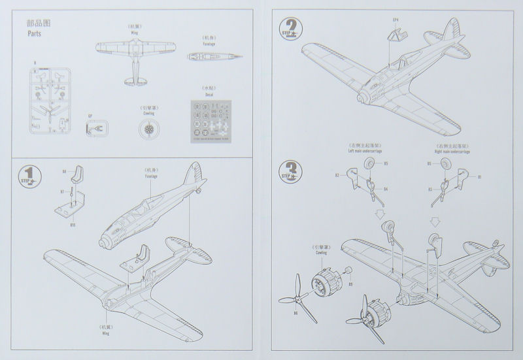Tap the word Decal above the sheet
209,94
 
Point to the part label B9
350,284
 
